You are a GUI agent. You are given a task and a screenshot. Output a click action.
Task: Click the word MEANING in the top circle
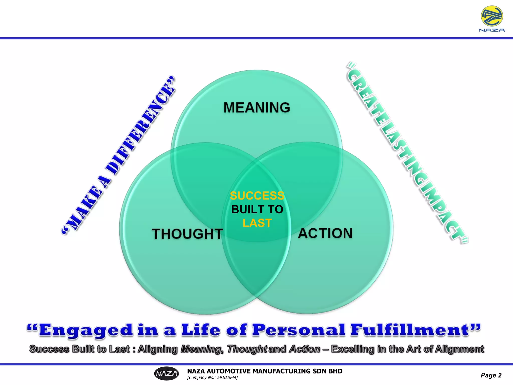pyautogui.click(x=257, y=108)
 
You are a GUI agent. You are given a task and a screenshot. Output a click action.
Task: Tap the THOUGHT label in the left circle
pyautogui.click(x=187, y=234)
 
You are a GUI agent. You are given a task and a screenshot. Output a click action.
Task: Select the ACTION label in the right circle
pyautogui.click(x=325, y=233)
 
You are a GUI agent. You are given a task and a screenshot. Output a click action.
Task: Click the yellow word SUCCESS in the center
pyautogui.click(x=257, y=196)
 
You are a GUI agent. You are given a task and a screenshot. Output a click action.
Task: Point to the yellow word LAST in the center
pyautogui.click(x=257, y=223)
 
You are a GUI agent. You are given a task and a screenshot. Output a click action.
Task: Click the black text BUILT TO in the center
pyautogui.click(x=257, y=209)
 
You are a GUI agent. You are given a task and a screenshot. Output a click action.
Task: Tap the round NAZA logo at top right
pyautogui.click(x=492, y=16)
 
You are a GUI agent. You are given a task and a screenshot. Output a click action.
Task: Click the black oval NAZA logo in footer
pyautogui.click(x=167, y=374)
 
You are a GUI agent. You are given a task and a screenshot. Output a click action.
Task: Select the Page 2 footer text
pyautogui.click(x=491, y=375)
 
